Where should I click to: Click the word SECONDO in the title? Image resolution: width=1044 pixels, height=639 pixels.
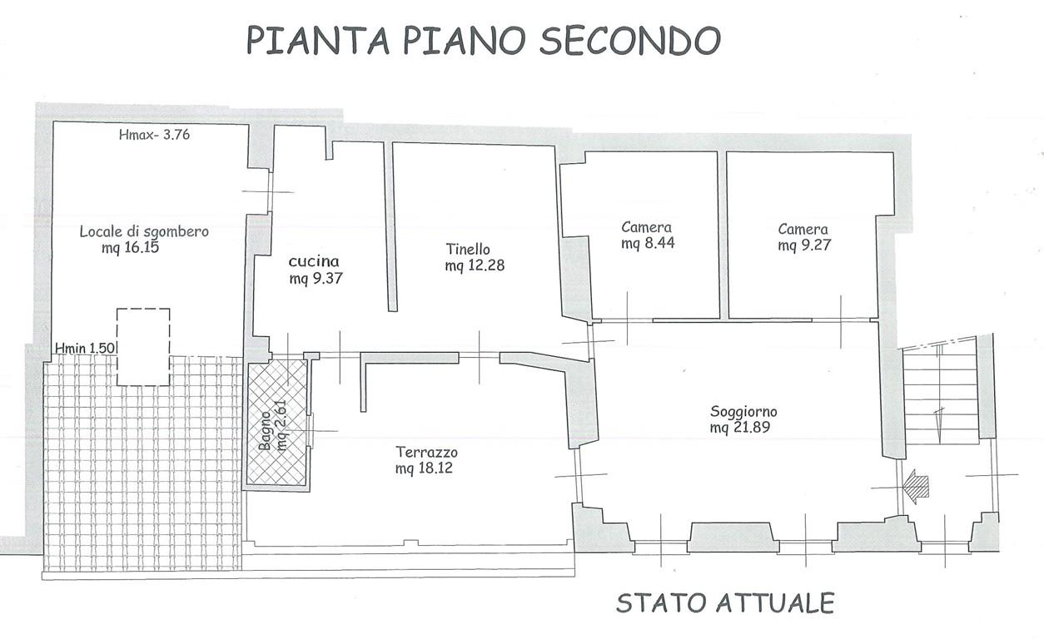[x=630, y=40]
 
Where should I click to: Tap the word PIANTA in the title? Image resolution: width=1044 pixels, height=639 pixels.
[x=318, y=40]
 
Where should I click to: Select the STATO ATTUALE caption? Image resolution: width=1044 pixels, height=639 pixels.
[x=725, y=603]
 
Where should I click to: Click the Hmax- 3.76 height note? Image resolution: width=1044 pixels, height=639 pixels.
[x=154, y=135]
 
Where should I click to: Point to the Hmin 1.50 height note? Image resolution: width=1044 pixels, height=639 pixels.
[x=85, y=348]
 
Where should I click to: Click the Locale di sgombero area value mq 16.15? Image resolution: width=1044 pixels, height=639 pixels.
[x=131, y=248]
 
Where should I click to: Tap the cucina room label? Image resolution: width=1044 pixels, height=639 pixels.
[x=314, y=261]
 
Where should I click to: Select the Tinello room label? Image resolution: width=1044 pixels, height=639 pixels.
[x=468, y=249]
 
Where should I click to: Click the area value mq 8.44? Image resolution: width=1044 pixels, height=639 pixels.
[x=648, y=243]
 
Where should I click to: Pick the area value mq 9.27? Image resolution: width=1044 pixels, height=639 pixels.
[x=804, y=245]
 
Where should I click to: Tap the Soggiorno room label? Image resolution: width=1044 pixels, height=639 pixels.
[x=743, y=412]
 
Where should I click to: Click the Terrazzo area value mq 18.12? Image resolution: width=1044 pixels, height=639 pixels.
[x=424, y=468]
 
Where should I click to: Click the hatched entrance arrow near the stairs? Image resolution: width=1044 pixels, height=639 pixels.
[x=916, y=487]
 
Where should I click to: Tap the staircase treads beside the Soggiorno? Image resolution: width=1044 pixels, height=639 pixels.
[x=940, y=395]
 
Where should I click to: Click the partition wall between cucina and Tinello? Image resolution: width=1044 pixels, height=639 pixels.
[x=390, y=226]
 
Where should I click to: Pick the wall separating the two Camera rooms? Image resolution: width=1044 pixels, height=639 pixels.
[x=723, y=235]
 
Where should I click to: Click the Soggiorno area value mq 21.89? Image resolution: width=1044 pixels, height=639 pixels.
[x=739, y=428]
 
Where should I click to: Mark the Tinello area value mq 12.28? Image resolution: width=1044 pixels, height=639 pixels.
[x=475, y=265]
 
